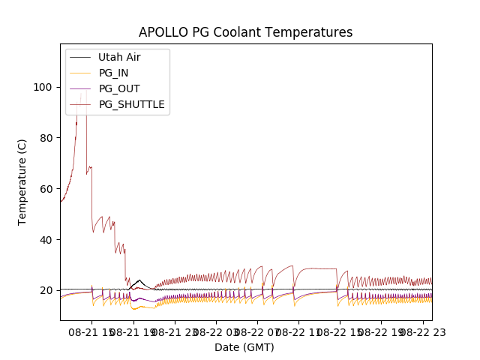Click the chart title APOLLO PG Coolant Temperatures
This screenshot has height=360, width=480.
click(245, 32)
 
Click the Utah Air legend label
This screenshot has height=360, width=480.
click(119, 57)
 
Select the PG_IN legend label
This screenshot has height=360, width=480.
click(113, 73)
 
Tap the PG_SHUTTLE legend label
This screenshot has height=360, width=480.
click(131, 104)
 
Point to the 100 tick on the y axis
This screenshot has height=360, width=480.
click(44, 87)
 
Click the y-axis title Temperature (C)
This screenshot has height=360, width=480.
click(22, 182)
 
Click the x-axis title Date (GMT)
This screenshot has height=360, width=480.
click(244, 347)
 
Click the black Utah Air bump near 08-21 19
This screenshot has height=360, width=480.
click(139, 281)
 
